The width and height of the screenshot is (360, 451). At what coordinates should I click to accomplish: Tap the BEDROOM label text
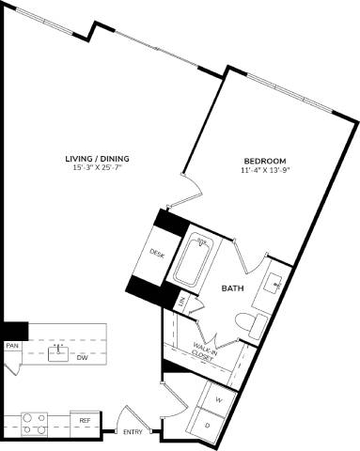pyautogui.click(x=264, y=161)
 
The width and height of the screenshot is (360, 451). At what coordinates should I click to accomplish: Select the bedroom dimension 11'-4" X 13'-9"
pyautogui.click(x=264, y=171)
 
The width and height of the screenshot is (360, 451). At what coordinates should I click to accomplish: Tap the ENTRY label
pyautogui.click(x=133, y=432)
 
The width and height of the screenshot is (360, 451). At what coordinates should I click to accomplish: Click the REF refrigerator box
pyautogui.click(x=85, y=421)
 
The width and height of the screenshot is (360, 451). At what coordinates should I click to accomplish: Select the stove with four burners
pyautogui.click(x=34, y=424)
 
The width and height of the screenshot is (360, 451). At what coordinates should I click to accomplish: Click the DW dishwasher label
pyautogui.click(x=82, y=358)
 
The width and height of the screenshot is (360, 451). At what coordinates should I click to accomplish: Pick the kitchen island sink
pyautogui.click(x=59, y=351)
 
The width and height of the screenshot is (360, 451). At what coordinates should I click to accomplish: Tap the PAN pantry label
pyautogui.click(x=12, y=346)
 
